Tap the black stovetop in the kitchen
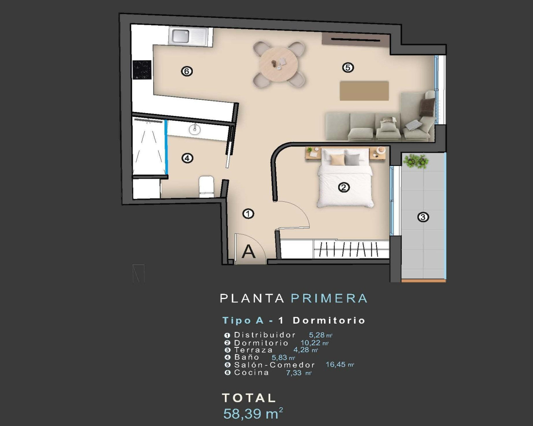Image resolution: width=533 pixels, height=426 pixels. [142, 69]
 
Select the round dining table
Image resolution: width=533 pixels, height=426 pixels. [279, 64]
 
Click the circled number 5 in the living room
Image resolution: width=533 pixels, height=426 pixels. [348, 67]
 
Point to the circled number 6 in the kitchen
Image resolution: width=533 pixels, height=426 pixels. [187, 72]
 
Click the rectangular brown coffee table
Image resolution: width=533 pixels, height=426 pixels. [364, 91]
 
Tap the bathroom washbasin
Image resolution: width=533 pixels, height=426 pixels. [194, 129]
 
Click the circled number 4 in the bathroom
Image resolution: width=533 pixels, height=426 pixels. [187, 158]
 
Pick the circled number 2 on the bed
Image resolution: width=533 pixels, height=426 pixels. [344, 188]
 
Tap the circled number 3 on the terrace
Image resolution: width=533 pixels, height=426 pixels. [423, 217]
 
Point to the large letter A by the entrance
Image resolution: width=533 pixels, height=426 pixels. [249, 251]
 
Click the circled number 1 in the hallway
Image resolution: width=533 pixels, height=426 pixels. [248, 214]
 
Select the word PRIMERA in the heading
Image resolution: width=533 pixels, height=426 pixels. [329, 298]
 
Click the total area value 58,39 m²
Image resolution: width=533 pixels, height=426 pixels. [253, 414]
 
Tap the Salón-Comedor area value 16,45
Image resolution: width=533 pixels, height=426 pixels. [336, 364]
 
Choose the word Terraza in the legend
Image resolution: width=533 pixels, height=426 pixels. [253, 350]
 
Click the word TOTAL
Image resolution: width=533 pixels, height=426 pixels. [249, 398]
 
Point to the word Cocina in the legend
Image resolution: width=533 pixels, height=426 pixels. [252, 372]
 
